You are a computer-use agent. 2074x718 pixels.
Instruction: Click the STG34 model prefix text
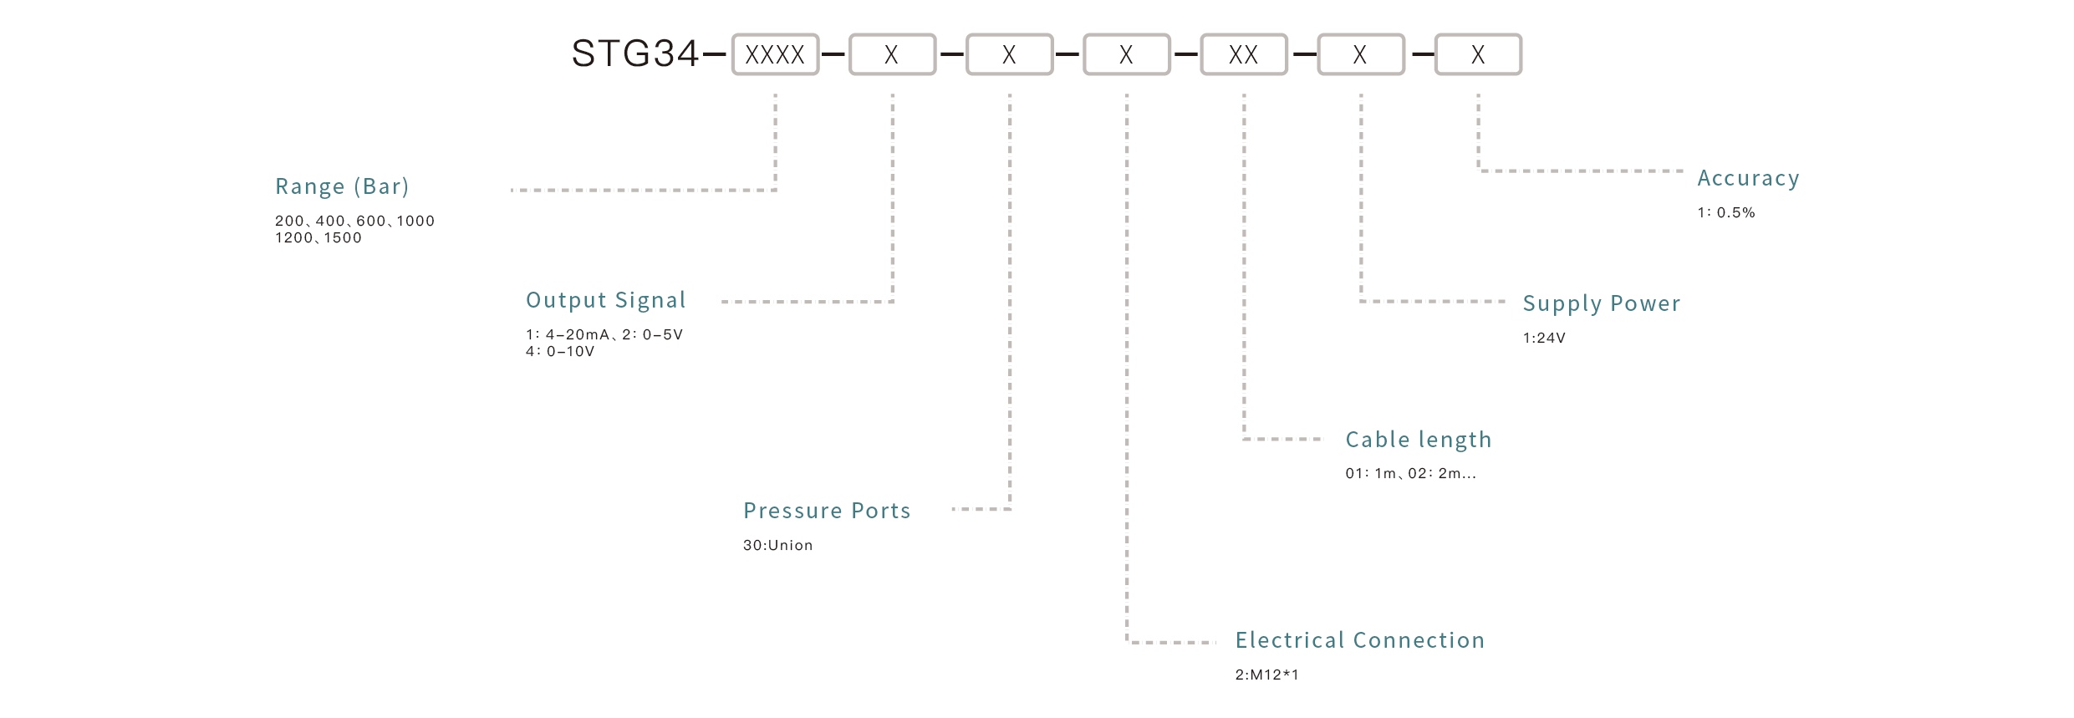pos(634,54)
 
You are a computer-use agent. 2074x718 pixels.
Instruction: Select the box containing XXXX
pos(775,55)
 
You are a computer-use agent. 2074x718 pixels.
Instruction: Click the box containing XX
pos(1243,55)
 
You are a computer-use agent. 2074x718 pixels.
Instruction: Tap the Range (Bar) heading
pos(342,186)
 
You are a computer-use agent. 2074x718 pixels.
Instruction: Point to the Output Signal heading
pos(605,300)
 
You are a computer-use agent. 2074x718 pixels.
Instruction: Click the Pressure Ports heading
pos(827,511)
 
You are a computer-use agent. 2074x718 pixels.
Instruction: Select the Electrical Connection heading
pos(1359,640)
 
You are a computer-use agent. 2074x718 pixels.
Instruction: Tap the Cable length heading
pos(1418,440)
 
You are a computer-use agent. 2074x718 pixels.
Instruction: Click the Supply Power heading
pos(1601,303)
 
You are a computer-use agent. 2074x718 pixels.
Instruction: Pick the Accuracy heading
pos(1747,178)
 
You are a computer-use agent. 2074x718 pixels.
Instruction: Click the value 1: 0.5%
pos(1725,213)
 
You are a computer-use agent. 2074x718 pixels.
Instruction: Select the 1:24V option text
pos(1543,339)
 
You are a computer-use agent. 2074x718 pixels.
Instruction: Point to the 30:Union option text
pos(777,546)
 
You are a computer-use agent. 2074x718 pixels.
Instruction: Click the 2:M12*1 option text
pos(1266,675)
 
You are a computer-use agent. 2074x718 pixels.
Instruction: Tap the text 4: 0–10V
pos(559,352)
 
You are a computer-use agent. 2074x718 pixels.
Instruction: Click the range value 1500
pos(343,238)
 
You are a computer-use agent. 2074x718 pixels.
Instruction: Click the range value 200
pos(289,222)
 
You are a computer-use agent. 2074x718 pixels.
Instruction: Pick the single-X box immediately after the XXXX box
pos(892,55)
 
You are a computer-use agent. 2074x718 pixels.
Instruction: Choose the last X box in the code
pos(1477,55)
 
